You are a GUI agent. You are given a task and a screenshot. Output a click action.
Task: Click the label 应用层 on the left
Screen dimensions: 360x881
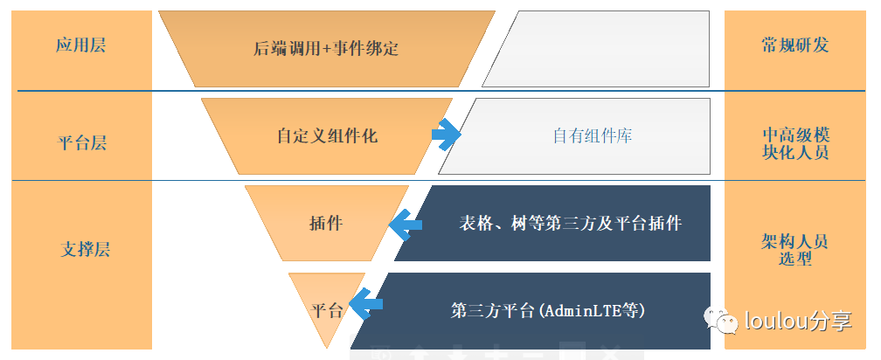(x=80, y=45)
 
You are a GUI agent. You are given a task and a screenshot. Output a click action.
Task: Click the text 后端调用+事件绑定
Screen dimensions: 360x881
(x=325, y=48)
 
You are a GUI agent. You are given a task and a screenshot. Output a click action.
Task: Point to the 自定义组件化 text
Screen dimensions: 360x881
(x=327, y=136)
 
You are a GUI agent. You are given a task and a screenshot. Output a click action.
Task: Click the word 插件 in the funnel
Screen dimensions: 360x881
(x=326, y=223)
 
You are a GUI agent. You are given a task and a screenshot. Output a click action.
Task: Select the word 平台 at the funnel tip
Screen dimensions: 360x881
(x=327, y=310)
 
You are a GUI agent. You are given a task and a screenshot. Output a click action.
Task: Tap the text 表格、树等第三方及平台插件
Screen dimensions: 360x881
(x=570, y=223)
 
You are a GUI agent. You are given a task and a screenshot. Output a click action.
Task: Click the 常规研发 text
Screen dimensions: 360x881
(x=794, y=45)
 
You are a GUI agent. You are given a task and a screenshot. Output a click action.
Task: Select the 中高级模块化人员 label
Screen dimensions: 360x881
(x=794, y=143)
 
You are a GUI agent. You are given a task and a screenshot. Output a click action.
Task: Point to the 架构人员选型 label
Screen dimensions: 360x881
(x=794, y=250)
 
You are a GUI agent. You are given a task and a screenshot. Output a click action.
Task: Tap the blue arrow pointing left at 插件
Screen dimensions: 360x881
(x=405, y=225)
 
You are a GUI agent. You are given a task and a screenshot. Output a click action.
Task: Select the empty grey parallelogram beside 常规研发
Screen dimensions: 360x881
(x=603, y=48)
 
